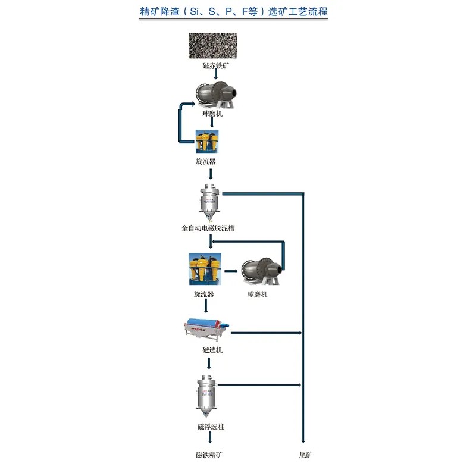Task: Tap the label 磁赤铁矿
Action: tap(215, 66)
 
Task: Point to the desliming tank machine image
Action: tap(209, 202)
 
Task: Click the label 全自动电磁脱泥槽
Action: tap(212, 228)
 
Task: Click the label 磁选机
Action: tap(212, 350)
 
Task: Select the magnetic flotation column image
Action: tap(206, 396)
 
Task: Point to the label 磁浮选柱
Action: tap(211, 427)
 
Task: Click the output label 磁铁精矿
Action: tap(209, 455)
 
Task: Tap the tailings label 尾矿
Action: tap(305, 455)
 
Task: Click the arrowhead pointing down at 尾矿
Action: tap(303, 441)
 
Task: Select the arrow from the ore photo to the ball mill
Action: tap(215, 74)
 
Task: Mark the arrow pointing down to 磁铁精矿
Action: tap(210, 439)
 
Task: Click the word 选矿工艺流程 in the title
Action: tap(298, 11)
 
